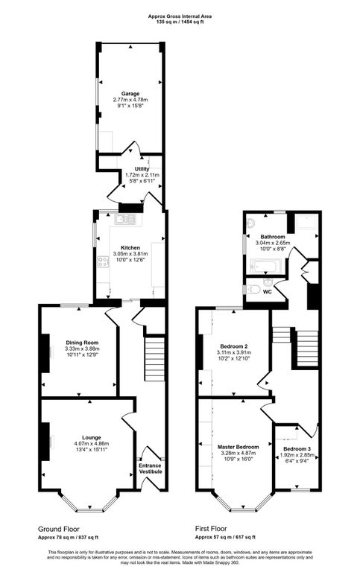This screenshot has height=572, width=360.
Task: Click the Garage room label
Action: (130, 94)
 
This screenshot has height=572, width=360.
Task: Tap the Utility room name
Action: (131, 169)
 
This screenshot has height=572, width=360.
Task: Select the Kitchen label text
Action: (130, 247)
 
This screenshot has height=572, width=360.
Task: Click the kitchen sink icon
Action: (123, 219)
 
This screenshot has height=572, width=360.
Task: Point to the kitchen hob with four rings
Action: (102, 261)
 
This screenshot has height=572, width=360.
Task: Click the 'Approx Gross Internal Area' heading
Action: (179, 15)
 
